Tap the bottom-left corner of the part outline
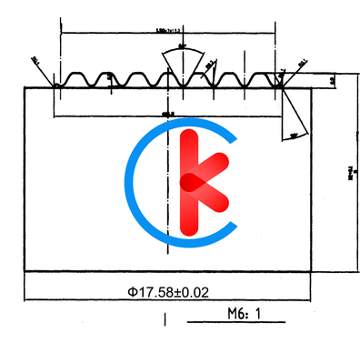point(23,270)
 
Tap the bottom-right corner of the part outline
point(313,270)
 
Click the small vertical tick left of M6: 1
point(164,319)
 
